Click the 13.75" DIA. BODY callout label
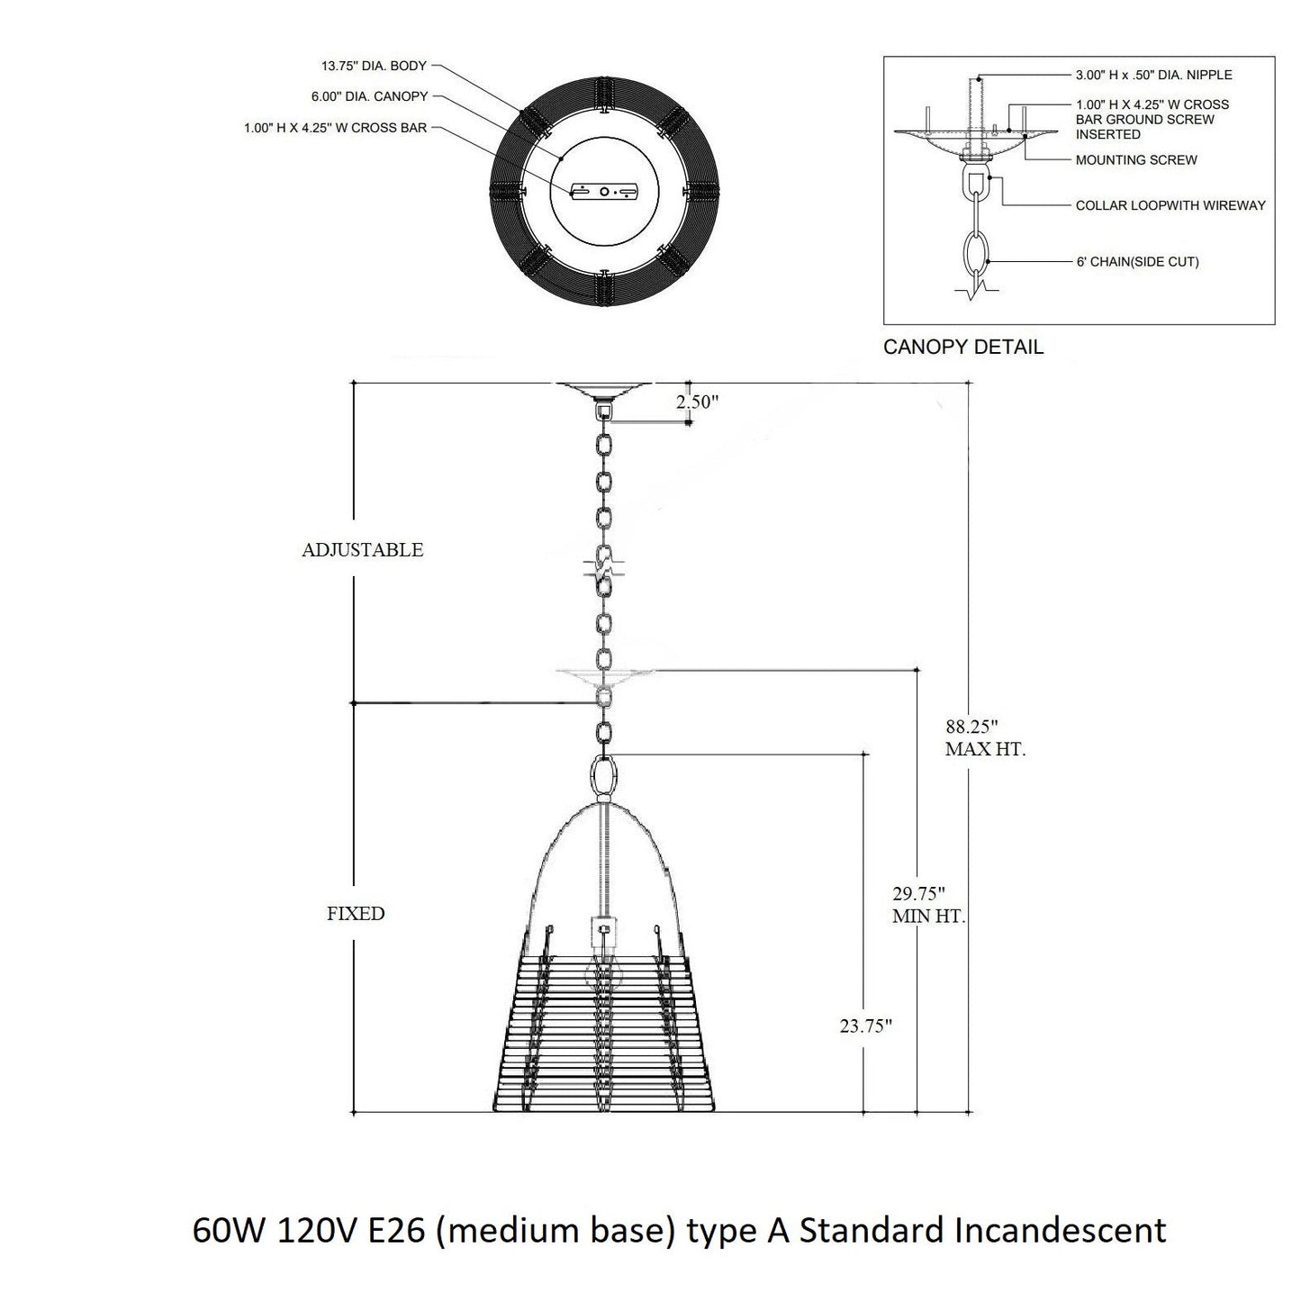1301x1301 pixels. coord(374,67)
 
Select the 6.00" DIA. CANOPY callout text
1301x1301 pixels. coord(369,96)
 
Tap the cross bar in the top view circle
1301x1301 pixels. coord(604,192)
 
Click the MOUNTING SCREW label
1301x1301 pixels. coord(1136,160)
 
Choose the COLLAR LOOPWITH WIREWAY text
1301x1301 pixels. coord(1170,205)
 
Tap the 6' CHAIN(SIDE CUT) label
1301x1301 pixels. coord(1136,262)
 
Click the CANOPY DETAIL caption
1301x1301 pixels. coord(962,347)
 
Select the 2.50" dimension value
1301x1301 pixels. coord(698,402)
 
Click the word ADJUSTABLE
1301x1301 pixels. coord(362,550)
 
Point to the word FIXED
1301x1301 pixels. coord(356,914)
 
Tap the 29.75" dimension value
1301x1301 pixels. coord(918,894)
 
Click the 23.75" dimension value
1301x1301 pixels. coord(865,1025)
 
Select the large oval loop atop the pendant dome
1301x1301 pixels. coord(604,775)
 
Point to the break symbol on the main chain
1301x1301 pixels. coord(604,567)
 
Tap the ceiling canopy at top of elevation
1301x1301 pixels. coord(603,390)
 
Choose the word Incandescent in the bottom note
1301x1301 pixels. coord(1059,1230)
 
